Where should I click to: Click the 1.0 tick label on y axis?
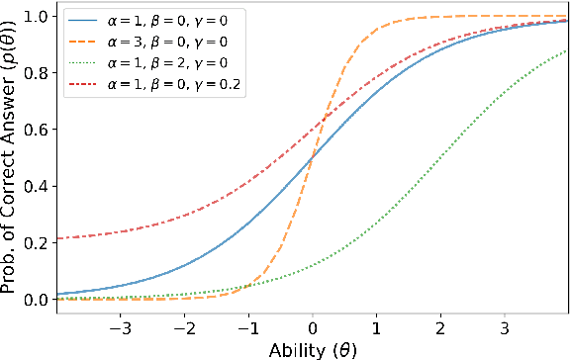coord(36,17)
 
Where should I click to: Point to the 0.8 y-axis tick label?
coord(36,73)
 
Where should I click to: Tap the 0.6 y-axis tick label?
coord(36,130)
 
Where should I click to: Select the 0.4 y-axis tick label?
coord(36,186)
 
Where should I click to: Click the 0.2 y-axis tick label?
coord(36,242)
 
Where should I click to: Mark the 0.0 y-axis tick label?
coord(36,299)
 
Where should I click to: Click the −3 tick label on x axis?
coord(120,325)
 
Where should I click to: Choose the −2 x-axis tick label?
coord(183,325)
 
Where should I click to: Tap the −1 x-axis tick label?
coord(247,325)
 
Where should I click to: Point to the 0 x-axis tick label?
coord(313,325)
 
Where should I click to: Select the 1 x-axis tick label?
coord(377,325)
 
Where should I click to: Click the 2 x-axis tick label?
coord(441,325)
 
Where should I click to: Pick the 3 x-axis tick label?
coord(505,325)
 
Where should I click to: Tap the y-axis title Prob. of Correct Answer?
coord(11,158)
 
